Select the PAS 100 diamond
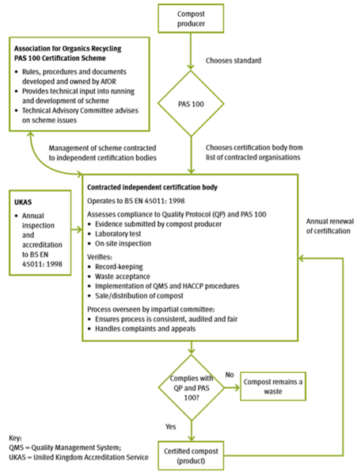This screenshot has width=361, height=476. (x=191, y=105)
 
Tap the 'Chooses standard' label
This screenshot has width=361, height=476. (x=234, y=59)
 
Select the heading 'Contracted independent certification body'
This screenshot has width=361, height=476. (x=154, y=186)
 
